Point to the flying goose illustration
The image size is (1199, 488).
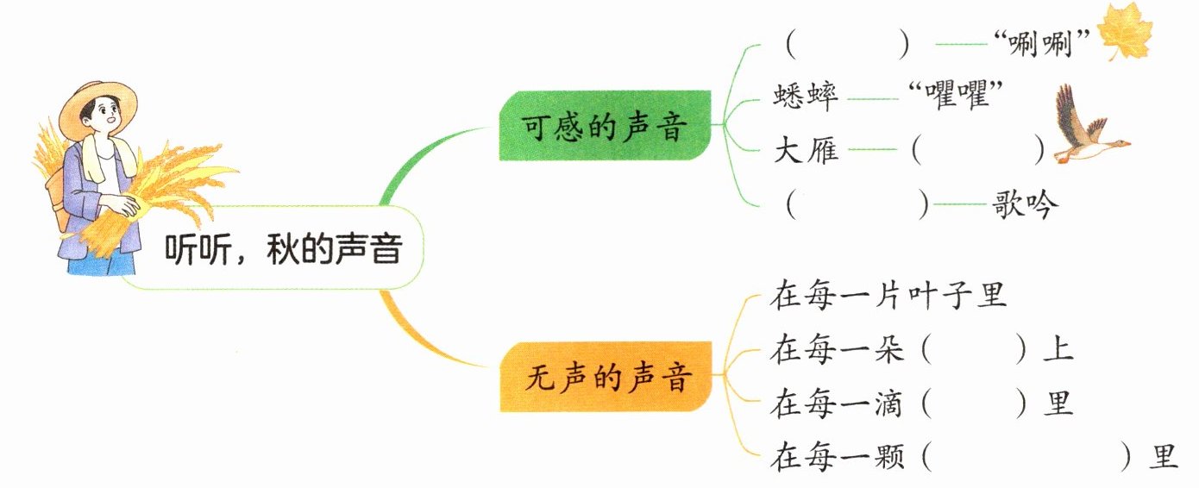tap(1086, 129)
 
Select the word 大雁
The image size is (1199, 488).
tap(806, 153)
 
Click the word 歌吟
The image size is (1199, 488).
tap(1024, 205)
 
